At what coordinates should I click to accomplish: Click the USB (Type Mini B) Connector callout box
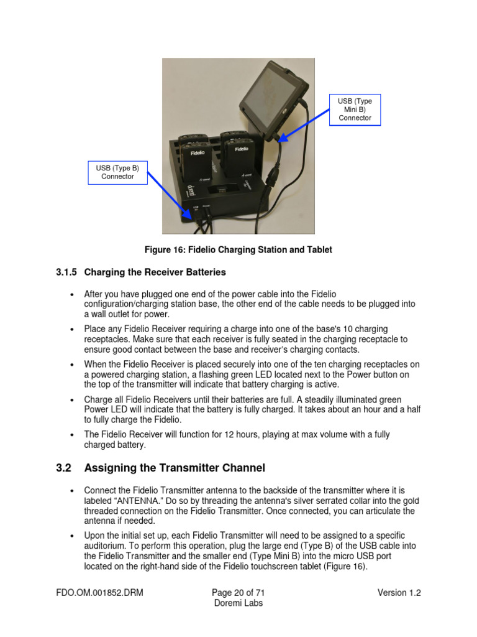point(355,109)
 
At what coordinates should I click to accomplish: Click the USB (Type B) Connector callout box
point(117,172)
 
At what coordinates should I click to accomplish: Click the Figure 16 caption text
point(238,249)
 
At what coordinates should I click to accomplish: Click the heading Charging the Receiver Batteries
point(155,272)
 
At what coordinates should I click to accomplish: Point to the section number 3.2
point(64,467)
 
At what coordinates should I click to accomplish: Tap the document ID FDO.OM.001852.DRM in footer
point(99,593)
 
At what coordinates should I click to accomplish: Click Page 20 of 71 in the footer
point(238,593)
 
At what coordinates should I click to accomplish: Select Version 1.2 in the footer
point(399,593)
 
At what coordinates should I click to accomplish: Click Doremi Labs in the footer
point(238,603)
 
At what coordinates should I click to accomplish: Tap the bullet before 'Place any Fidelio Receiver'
point(73,329)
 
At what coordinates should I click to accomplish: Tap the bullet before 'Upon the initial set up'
point(73,536)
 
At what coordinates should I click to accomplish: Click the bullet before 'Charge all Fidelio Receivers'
point(73,400)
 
